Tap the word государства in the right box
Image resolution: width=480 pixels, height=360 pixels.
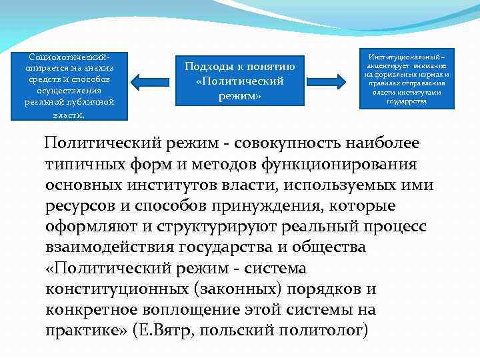coord(407,101)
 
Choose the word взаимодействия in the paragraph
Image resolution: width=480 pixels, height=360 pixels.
coord(110,247)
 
